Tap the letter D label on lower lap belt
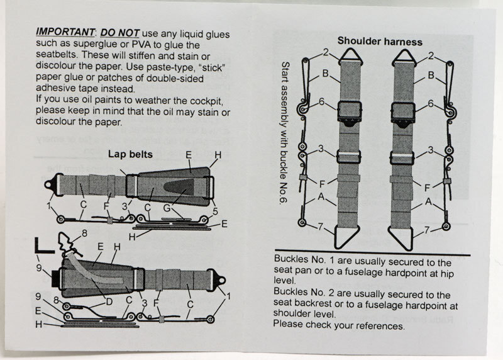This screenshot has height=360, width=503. click(x=109, y=303)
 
